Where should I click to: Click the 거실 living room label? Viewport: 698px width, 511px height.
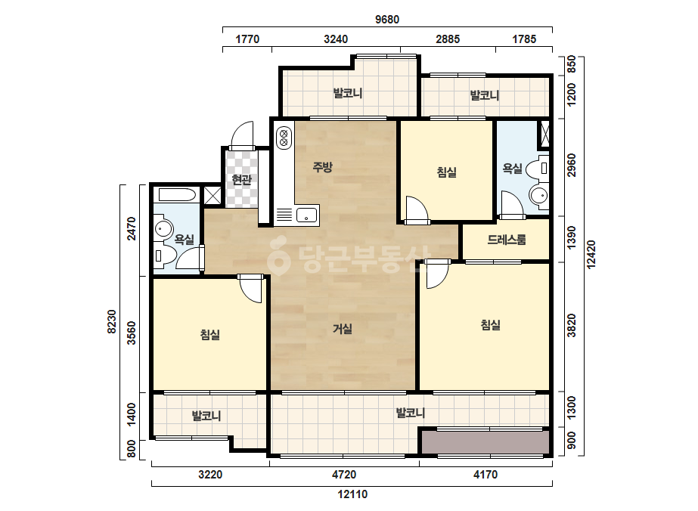pyautogui.click(x=343, y=329)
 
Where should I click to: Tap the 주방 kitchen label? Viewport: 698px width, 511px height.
pyautogui.click(x=322, y=167)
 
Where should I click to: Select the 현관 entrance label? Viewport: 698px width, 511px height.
pyautogui.click(x=242, y=180)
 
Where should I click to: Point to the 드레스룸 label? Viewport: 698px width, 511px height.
pyautogui.click(x=507, y=240)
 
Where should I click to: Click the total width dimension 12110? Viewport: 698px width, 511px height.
pyautogui.click(x=352, y=494)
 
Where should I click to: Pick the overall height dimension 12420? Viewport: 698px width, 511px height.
pyautogui.click(x=591, y=254)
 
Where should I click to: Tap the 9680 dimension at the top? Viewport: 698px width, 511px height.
pyautogui.click(x=387, y=20)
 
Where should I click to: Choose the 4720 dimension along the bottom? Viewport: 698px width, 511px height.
pyautogui.click(x=344, y=475)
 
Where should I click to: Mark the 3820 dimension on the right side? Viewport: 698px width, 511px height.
pyautogui.click(x=572, y=326)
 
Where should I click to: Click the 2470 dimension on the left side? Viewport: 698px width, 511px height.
pyautogui.click(x=132, y=228)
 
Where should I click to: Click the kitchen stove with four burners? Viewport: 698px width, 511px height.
pyautogui.click(x=284, y=138)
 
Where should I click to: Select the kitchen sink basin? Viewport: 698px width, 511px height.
pyautogui.click(x=307, y=215)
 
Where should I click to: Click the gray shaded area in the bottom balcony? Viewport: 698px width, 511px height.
pyautogui.click(x=485, y=442)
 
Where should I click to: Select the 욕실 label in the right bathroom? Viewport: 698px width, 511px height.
pyautogui.click(x=513, y=169)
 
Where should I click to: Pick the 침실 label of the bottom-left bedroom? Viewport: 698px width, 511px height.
pyautogui.click(x=210, y=334)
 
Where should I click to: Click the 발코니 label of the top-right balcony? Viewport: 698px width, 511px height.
pyautogui.click(x=485, y=95)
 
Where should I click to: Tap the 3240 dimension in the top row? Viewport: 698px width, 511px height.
pyautogui.click(x=336, y=39)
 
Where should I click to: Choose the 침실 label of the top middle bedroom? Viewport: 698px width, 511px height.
pyautogui.click(x=446, y=172)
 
